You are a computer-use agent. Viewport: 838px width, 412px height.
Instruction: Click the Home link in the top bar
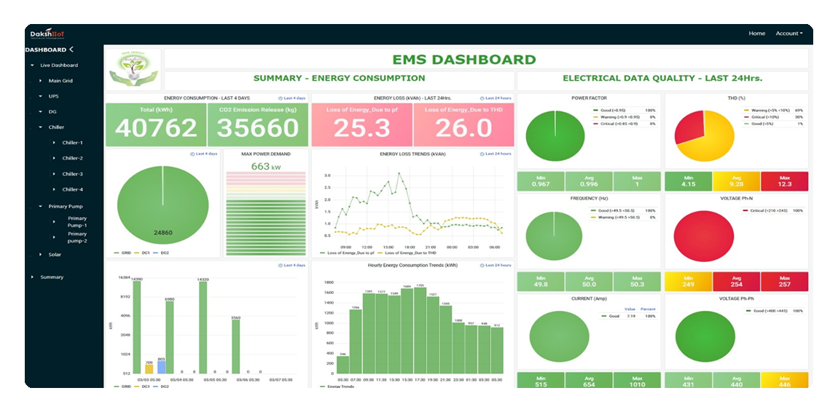pos(756,33)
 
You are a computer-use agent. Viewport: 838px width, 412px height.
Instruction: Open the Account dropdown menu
pos(788,33)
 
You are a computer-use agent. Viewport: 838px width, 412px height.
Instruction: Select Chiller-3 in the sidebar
pos(72,174)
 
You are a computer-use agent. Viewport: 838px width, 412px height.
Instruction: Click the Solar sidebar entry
pos(55,255)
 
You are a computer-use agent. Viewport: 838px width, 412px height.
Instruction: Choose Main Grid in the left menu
pos(60,81)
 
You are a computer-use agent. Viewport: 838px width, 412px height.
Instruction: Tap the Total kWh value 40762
pos(156,127)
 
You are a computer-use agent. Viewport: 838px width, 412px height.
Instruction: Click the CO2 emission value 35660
pos(258,127)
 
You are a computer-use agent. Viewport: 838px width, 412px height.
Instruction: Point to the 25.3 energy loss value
pos(362,128)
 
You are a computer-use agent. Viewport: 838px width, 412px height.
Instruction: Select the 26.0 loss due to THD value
pos(463,128)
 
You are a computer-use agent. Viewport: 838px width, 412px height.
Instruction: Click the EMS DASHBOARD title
pos(463,60)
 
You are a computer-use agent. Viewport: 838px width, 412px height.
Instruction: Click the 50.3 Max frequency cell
pos(637,282)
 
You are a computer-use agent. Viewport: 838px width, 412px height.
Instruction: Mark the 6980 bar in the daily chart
pos(169,335)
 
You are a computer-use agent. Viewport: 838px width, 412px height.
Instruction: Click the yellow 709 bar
pos(149,369)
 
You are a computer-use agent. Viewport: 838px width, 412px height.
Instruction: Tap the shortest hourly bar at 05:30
pos(342,365)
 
